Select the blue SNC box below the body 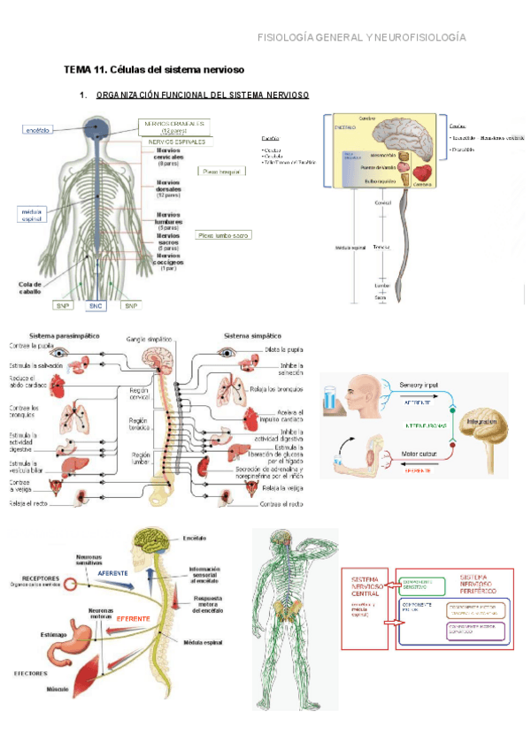coord(96,306)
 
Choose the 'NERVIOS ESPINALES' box coord(177,142)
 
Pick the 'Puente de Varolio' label coord(378,166)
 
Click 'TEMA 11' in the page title coord(82,69)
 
